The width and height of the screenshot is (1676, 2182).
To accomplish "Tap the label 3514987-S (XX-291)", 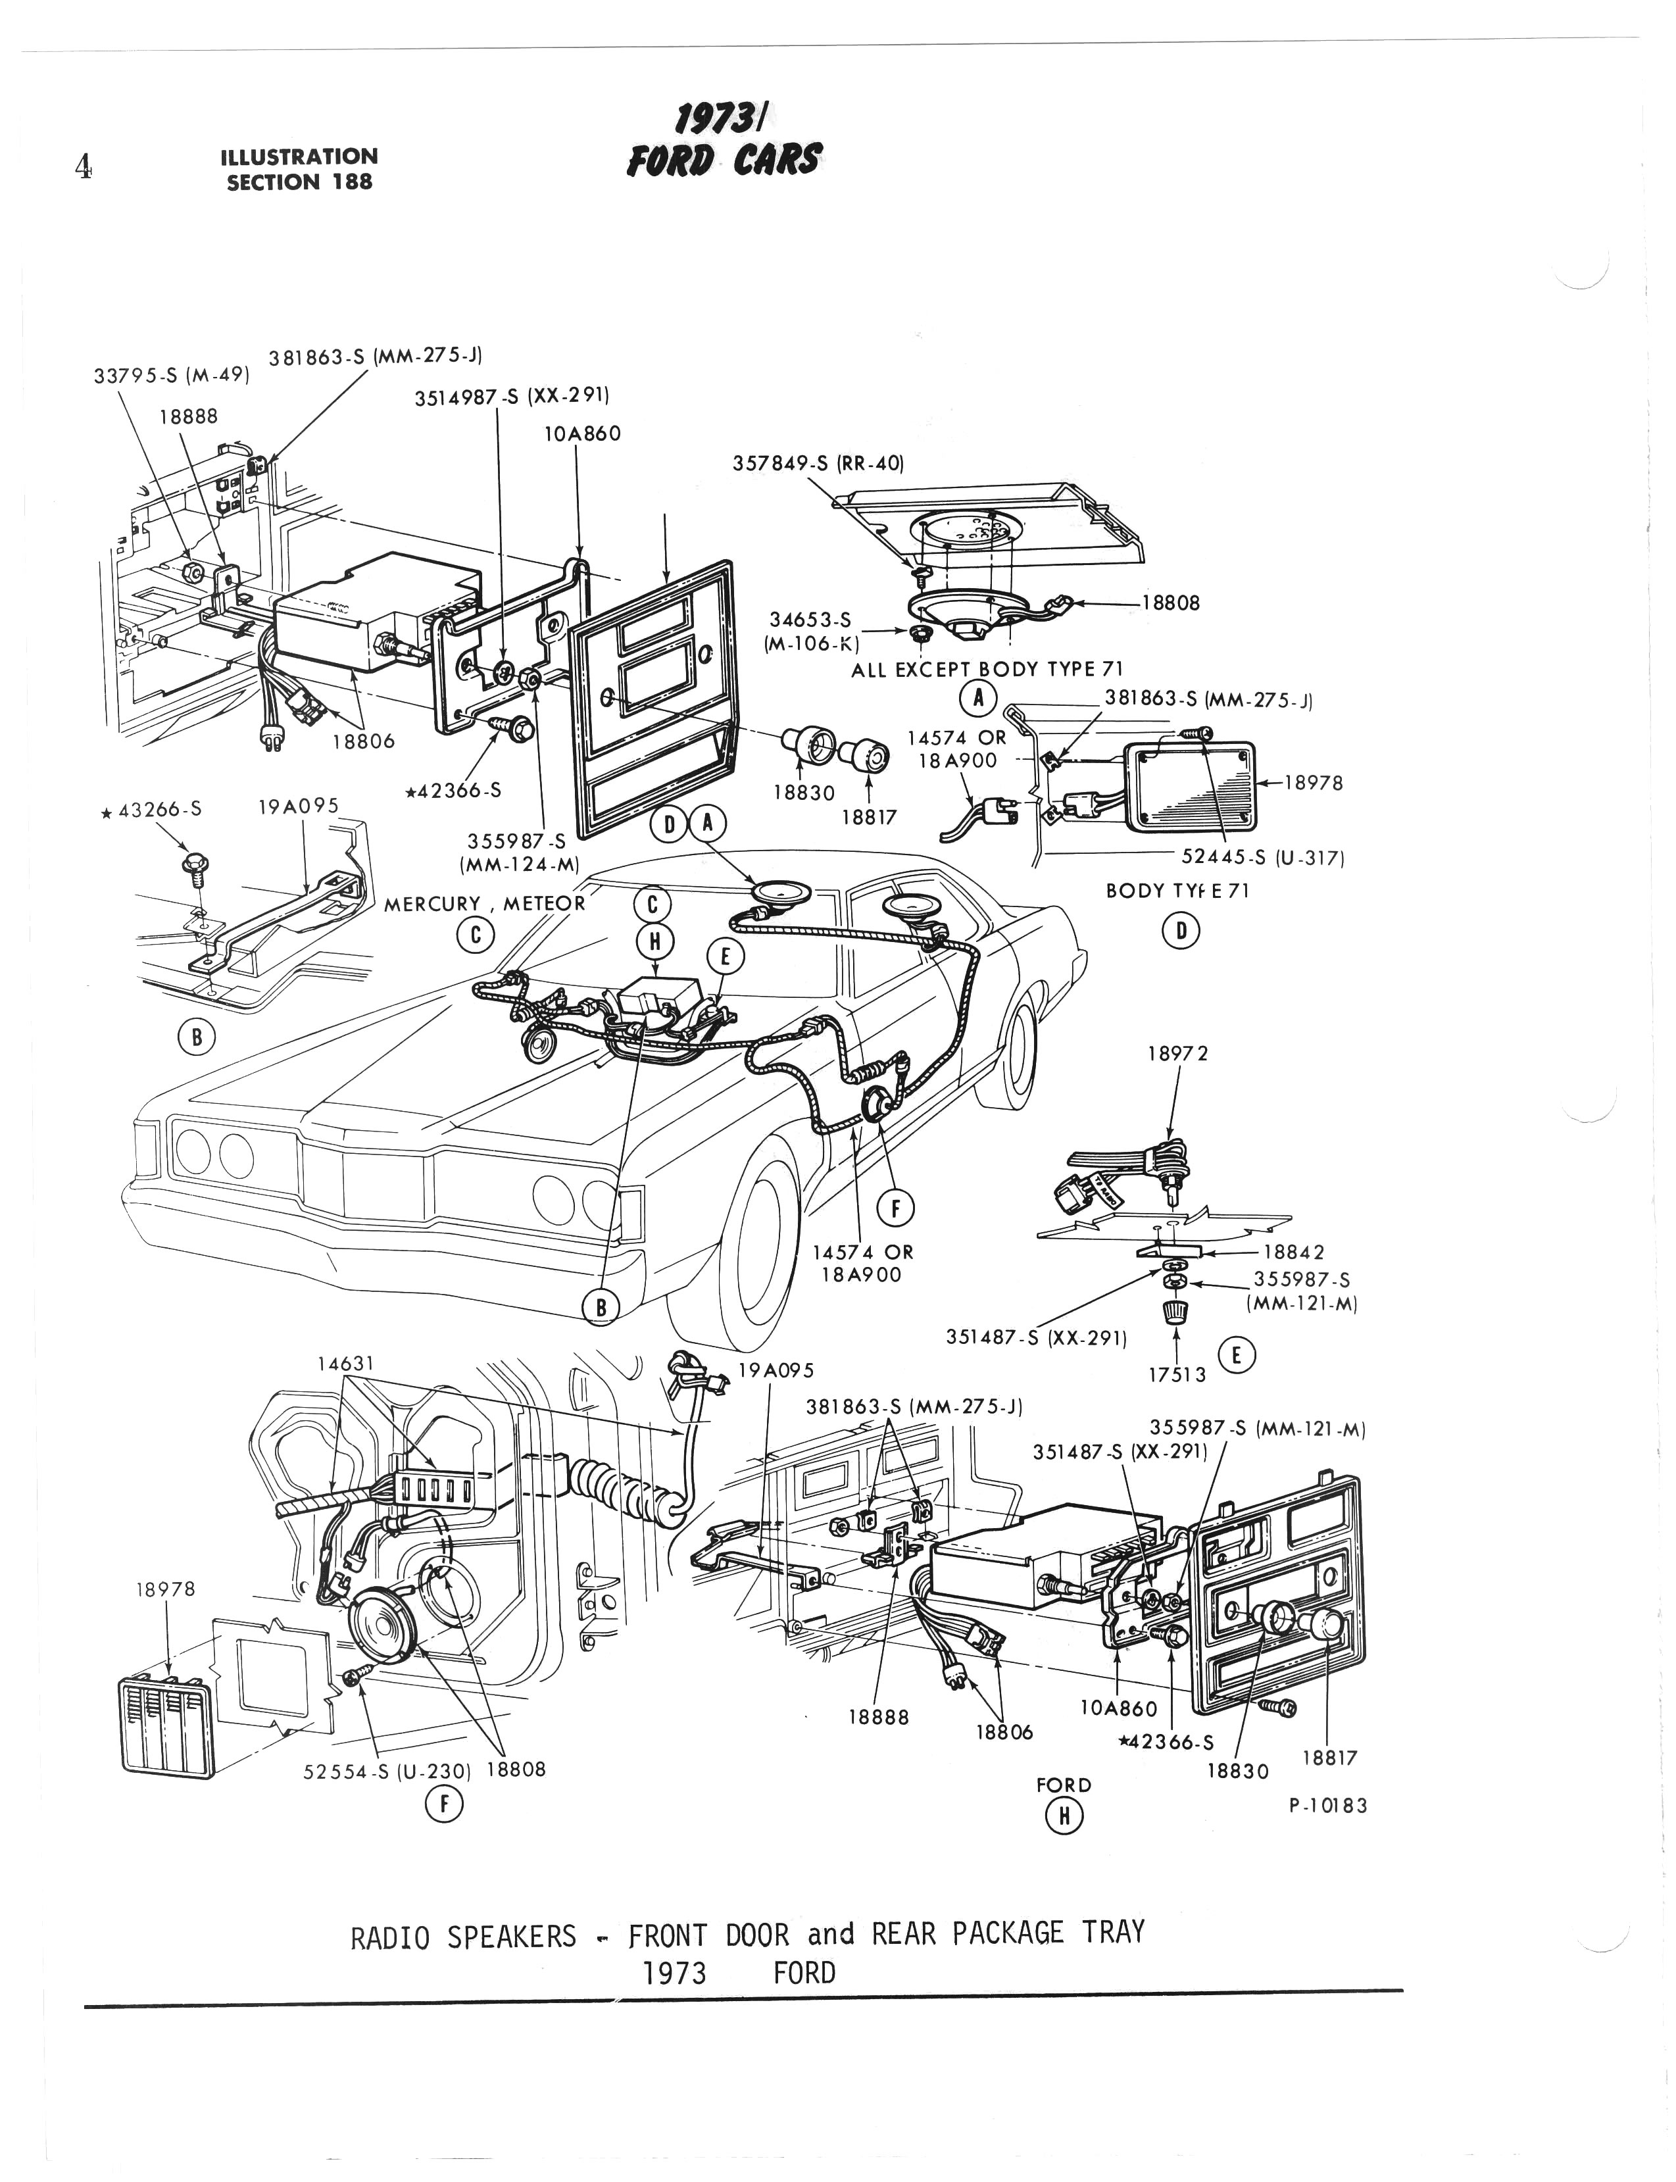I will pyautogui.click(x=512, y=396).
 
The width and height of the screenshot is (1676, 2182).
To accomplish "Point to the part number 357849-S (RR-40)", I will pyautogui.click(x=818, y=464).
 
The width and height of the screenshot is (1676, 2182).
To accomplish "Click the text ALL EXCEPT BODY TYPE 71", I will pyautogui.click(x=987, y=670).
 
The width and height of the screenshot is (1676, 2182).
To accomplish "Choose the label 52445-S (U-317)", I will pyautogui.click(x=1263, y=857).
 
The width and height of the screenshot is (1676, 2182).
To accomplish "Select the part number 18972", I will pyautogui.click(x=1177, y=1054).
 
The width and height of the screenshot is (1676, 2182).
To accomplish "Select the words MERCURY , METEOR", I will pyautogui.click(x=485, y=904).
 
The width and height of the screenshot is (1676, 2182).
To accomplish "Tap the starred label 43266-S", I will pyautogui.click(x=152, y=810).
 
